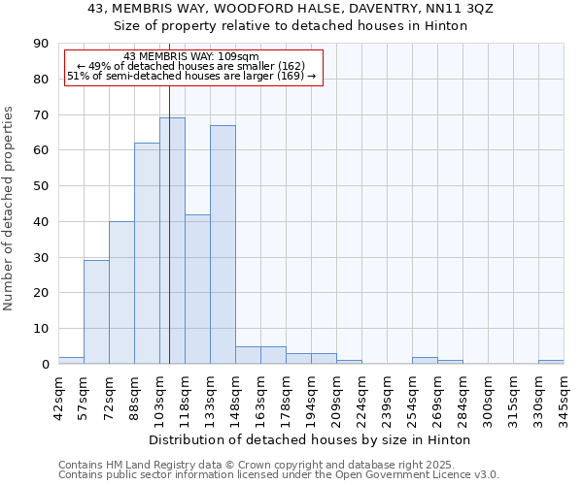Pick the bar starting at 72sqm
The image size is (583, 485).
121,292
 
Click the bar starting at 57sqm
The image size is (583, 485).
96,311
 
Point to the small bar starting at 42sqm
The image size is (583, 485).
71,360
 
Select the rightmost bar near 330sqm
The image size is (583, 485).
551,362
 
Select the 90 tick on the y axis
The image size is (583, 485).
41,44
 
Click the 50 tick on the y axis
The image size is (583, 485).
41,186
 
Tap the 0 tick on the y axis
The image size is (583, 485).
45,364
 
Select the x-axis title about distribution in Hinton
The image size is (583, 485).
310,439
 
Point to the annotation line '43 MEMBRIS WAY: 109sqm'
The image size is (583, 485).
191,57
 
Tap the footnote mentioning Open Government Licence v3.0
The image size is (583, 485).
279,474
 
